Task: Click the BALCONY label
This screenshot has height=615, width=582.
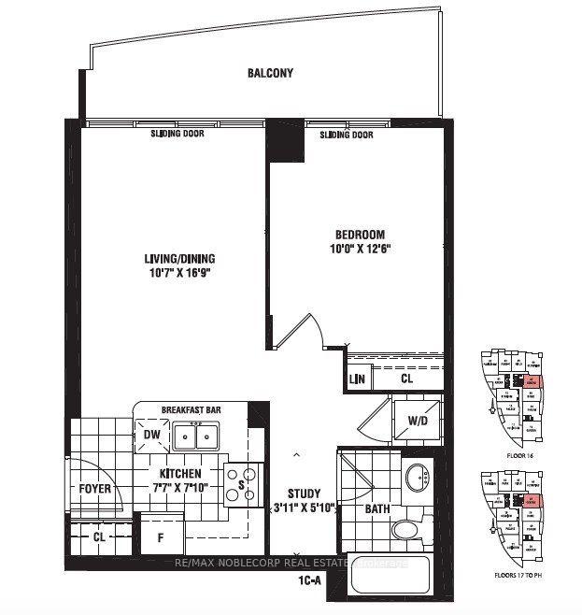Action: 271,73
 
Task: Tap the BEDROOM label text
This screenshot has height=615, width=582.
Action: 361,235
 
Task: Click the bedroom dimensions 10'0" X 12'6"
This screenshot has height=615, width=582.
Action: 361,250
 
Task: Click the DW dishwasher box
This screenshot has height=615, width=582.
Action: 151,435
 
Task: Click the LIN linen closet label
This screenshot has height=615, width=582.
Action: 357,379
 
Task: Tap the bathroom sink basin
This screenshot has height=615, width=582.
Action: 419,478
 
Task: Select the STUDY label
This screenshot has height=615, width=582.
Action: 304,493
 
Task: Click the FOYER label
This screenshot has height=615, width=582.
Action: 94,489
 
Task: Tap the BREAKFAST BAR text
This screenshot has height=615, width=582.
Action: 190,409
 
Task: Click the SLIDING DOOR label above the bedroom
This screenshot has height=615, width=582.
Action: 346,135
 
